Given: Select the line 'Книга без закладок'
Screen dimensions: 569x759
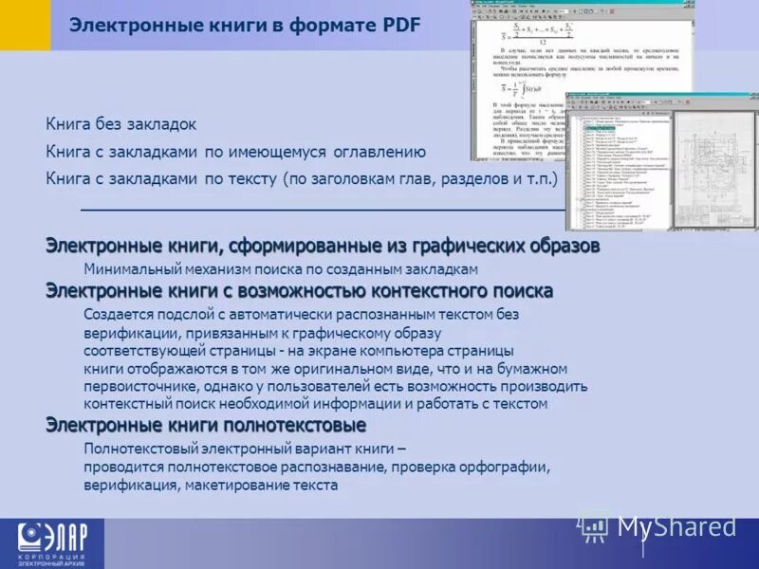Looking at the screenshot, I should [x=120, y=124].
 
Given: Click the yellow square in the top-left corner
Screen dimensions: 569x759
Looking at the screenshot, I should [x=25, y=25].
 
